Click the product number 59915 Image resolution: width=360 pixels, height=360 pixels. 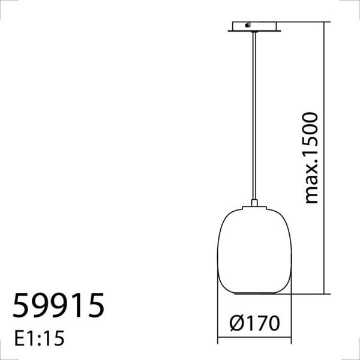click(58, 306)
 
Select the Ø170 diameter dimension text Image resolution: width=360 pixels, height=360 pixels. click(254, 324)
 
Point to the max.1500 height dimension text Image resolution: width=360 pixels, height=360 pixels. click(311, 157)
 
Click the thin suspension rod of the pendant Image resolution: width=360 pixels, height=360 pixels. click(255, 114)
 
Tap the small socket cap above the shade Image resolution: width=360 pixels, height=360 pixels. click(255, 205)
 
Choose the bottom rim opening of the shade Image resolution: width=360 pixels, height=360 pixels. click(255, 293)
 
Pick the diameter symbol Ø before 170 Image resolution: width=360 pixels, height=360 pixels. click(237, 324)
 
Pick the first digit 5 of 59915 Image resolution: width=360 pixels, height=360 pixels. click(22, 306)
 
